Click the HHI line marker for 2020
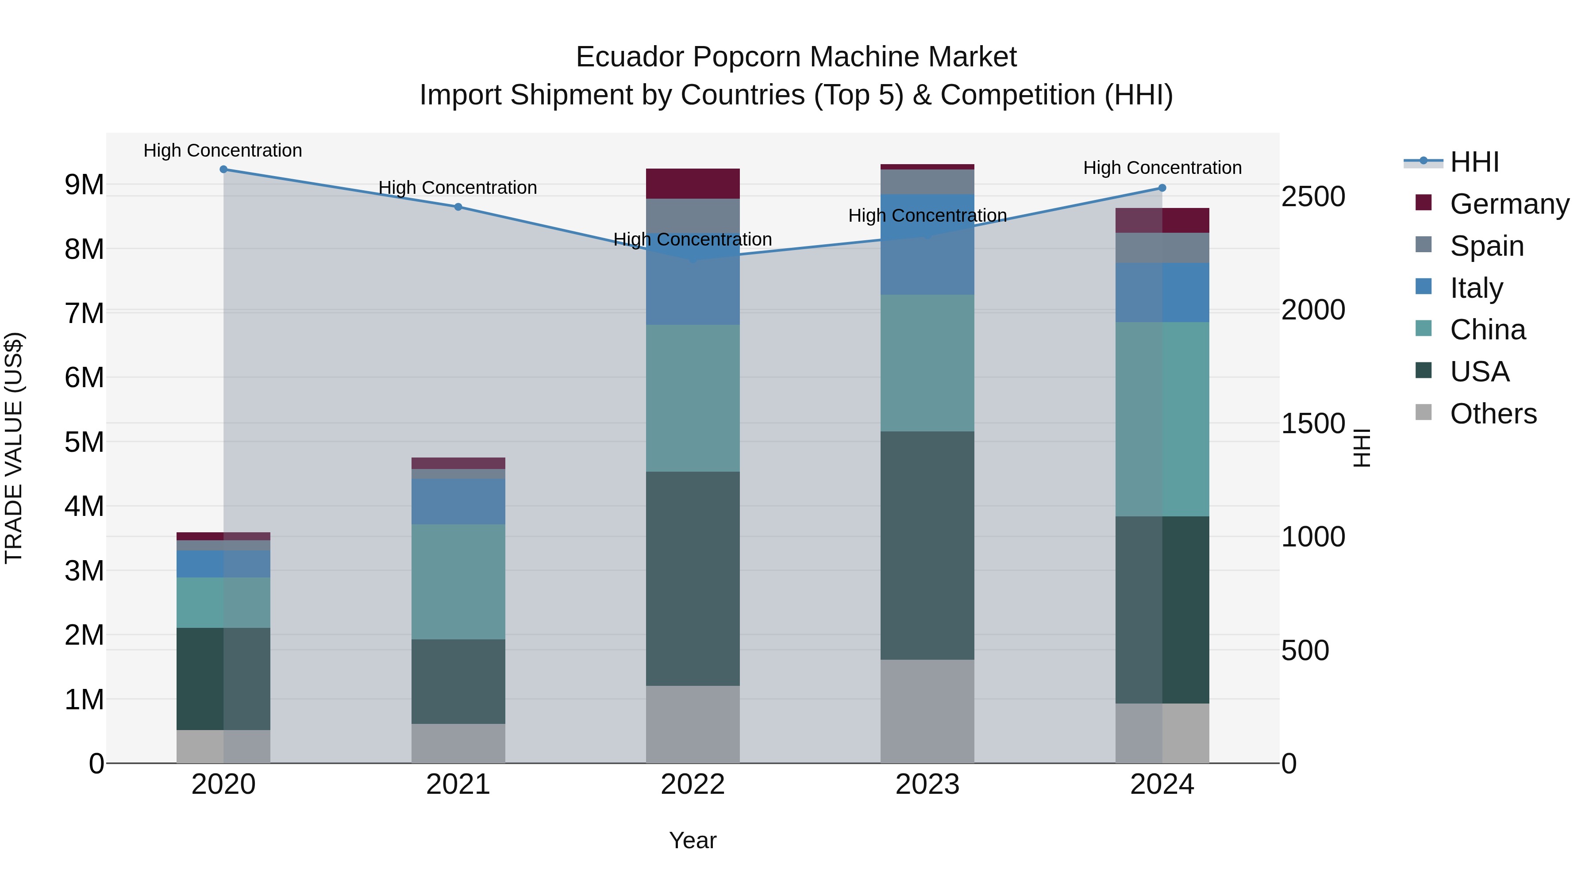[223, 169]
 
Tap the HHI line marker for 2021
[458, 207]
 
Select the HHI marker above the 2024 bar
[1162, 188]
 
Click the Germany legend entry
[1509, 204]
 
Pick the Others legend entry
[1493, 414]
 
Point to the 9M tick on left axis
[84, 184]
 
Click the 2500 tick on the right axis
[1312, 196]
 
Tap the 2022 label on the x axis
[693, 784]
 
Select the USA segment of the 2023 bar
[927, 546]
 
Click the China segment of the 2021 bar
[458, 582]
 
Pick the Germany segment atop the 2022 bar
[693, 184]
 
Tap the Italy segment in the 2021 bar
[458, 501]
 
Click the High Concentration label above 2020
[223, 150]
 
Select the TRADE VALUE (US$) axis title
[14, 448]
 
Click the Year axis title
[693, 840]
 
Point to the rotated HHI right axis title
[1362, 448]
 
